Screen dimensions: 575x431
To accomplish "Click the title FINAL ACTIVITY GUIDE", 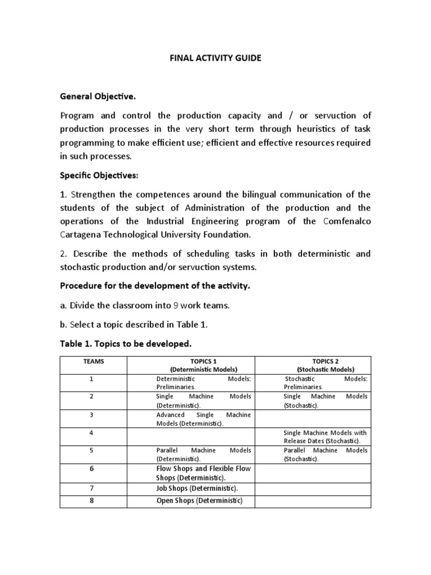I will click(215, 58).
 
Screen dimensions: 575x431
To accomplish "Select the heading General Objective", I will click(98, 97).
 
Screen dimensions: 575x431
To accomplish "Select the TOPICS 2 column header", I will click(325, 366).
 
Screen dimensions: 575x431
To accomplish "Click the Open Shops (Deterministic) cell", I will click(199, 500).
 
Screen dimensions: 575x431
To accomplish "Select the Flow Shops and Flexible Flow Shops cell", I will click(203, 473).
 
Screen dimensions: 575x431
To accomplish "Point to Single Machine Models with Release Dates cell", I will click(325, 437).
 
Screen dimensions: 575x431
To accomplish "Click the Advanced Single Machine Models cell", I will click(203, 419).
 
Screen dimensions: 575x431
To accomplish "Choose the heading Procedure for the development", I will click(155, 286).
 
